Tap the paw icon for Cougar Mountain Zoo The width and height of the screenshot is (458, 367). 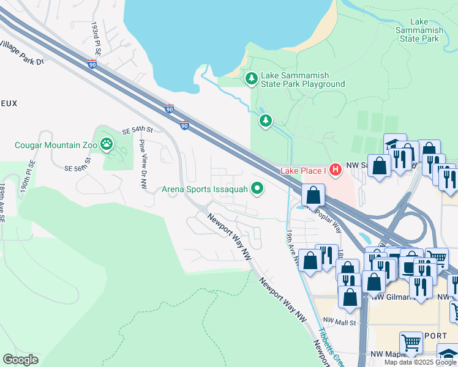coord(107,144)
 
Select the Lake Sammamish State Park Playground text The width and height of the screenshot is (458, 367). coord(302,80)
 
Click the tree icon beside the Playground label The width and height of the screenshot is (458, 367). coord(251,78)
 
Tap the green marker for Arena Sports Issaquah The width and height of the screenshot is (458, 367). coord(257,189)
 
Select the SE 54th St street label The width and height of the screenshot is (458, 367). coord(137,130)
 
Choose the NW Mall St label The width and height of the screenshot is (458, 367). coord(339,321)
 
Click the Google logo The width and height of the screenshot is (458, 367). coord(21,360)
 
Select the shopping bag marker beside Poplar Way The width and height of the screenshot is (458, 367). coord(313,196)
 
